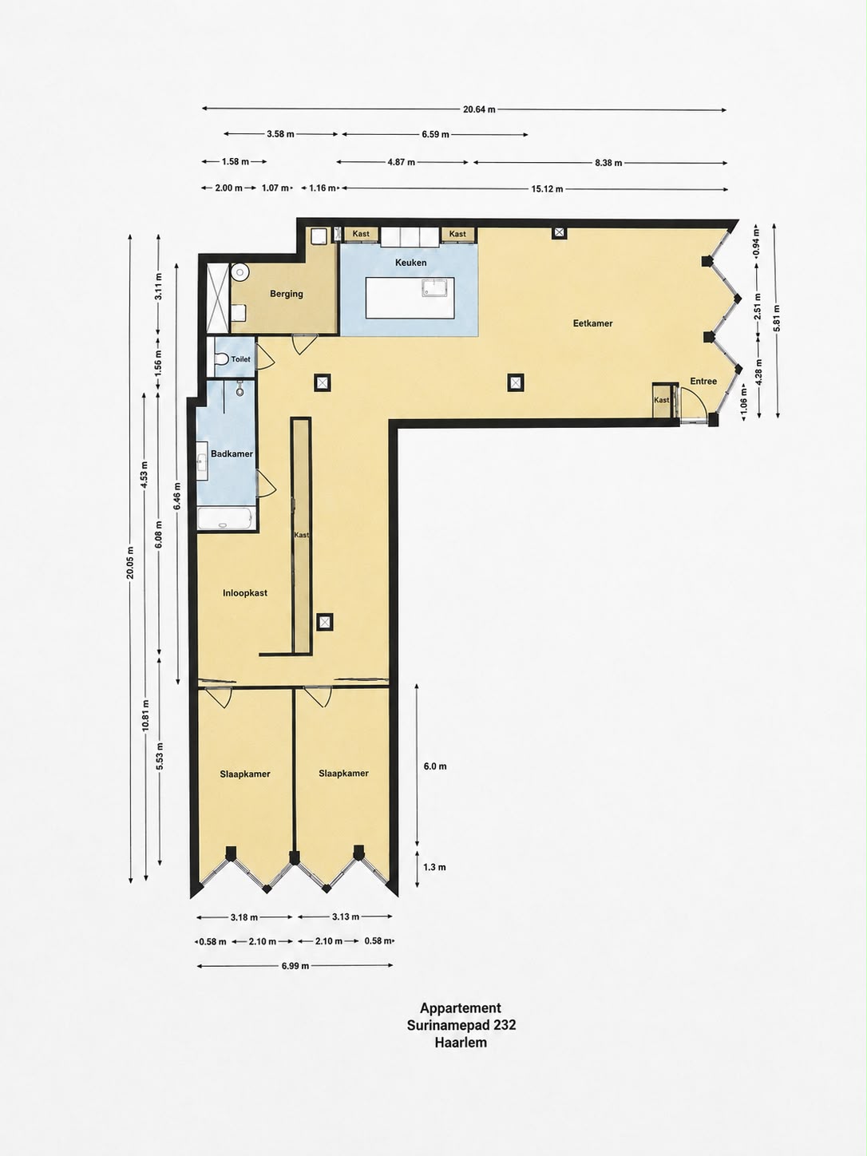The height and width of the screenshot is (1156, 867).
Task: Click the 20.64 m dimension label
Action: [479, 109]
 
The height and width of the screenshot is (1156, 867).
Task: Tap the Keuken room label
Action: [410, 263]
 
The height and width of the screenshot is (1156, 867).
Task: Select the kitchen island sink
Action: [437, 287]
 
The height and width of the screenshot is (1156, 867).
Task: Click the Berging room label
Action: [287, 294]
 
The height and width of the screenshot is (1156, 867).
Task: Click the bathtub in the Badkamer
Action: [227, 519]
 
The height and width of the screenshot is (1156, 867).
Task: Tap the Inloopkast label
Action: [245, 593]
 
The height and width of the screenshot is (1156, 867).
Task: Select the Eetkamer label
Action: [592, 323]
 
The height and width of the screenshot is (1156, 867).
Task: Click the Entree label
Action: [703, 382]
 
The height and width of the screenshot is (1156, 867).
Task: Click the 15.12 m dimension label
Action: [547, 189]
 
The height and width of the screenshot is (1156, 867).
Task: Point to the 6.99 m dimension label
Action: [295, 966]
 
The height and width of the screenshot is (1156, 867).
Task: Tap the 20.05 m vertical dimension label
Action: [130, 563]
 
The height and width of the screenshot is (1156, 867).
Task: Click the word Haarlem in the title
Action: [461, 1042]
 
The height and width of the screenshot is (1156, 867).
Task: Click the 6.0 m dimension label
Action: [435, 766]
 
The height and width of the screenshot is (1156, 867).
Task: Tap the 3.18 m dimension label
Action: [244, 917]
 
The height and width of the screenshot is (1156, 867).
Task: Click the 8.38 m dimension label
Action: [608, 163]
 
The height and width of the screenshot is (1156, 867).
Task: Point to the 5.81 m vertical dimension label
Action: [776, 319]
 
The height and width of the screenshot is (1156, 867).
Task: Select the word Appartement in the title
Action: [461, 1008]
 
